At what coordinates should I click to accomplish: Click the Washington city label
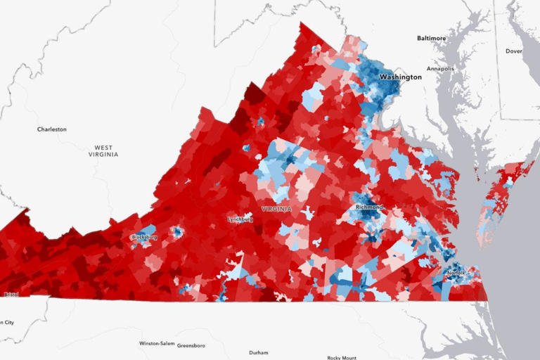(x=400, y=77)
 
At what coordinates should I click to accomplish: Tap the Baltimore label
(x=431, y=38)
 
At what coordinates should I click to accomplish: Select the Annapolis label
(x=440, y=69)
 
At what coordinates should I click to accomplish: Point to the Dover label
(x=513, y=51)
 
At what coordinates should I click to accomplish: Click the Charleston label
(x=52, y=129)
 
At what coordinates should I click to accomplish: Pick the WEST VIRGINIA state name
(x=103, y=151)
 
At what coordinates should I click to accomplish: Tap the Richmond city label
(x=369, y=207)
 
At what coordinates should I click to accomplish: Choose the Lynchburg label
(x=240, y=219)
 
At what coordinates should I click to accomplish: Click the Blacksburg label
(x=144, y=237)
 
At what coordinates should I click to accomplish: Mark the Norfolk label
(x=456, y=273)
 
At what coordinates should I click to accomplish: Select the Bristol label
(x=11, y=295)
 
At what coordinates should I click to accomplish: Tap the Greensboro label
(x=191, y=345)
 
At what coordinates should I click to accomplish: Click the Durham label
(x=259, y=352)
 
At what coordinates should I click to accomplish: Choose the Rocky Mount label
(x=343, y=356)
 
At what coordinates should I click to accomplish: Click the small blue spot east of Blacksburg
(x=177, y=231)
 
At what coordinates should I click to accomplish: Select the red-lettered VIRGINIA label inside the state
(x=276, y=209)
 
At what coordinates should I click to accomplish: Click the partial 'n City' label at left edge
(x=6, y=323)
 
